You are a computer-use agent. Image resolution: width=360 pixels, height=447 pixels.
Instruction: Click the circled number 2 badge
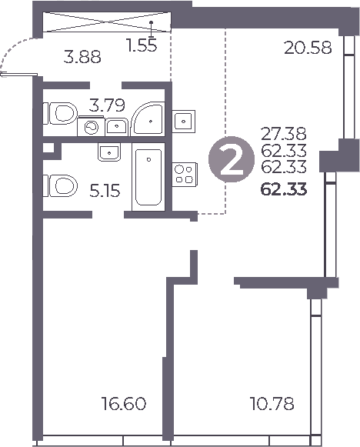(228, 160)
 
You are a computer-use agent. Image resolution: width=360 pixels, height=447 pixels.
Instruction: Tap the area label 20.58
(308, 48)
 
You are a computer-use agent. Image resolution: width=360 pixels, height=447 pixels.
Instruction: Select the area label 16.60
(124, 402)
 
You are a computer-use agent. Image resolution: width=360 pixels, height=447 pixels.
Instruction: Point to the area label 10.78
(272, 402)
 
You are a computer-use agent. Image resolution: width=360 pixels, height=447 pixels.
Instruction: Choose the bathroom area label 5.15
(105, 188)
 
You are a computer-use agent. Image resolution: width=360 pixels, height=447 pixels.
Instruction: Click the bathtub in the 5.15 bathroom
(148, 178)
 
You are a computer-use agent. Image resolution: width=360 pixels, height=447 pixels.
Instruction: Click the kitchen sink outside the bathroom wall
(185, 121)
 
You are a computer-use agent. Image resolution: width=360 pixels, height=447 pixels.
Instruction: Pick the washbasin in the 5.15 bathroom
(108, 152)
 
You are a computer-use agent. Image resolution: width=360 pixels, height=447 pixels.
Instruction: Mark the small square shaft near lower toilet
(48, 148)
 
